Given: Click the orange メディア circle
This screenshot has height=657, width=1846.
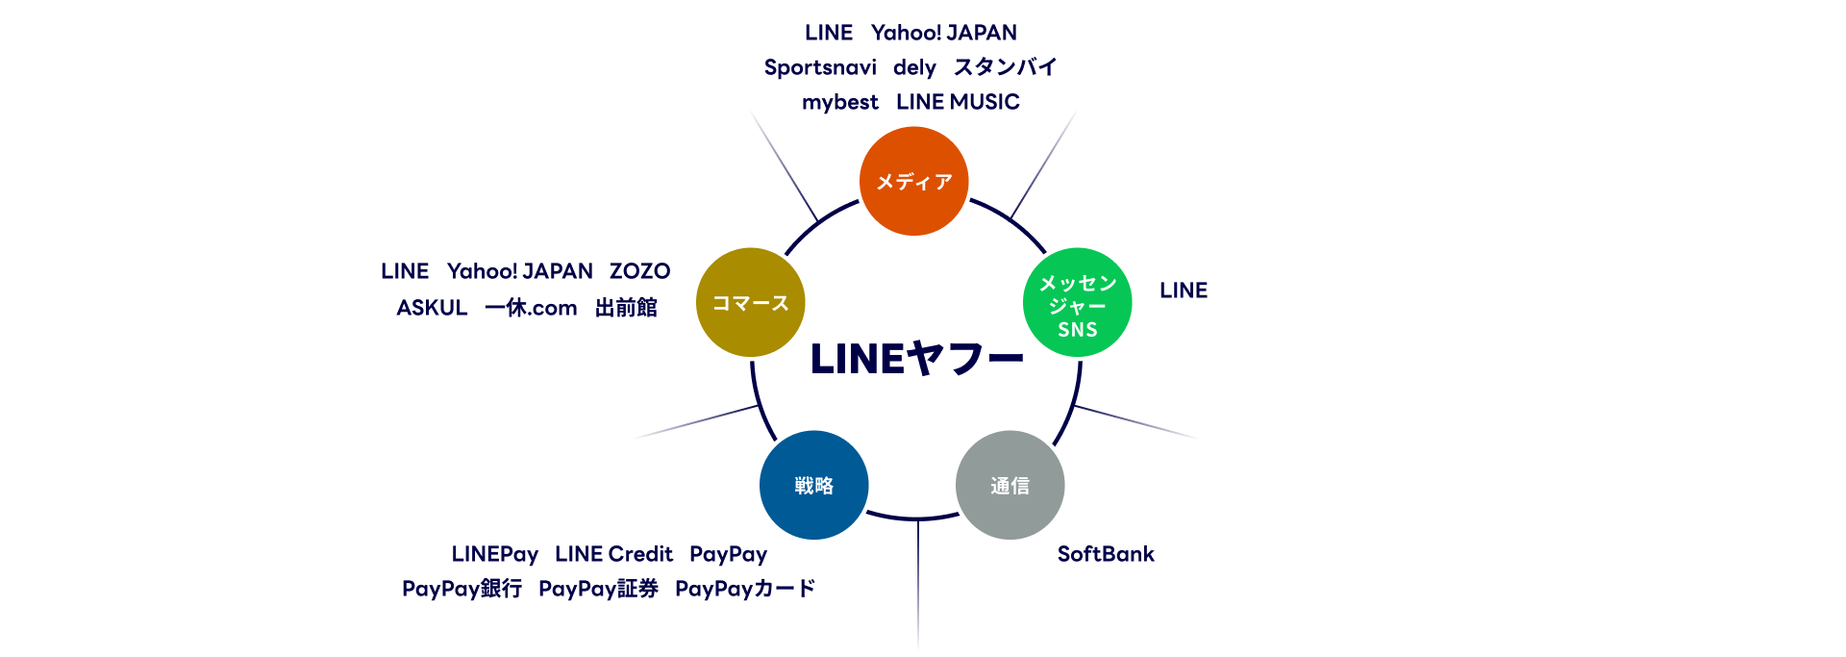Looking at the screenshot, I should click(913, 181).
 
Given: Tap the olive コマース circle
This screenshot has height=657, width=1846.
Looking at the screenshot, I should click(750, 303).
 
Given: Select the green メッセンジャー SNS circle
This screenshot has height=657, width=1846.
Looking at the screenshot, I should click(1077, 303).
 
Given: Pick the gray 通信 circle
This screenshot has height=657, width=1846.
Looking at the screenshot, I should click(1010, 485).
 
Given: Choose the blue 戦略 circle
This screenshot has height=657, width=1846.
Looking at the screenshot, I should click(813, 485).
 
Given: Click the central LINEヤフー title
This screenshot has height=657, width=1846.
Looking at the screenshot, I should click(916, 360).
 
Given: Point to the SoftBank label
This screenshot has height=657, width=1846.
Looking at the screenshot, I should click(1106, 554).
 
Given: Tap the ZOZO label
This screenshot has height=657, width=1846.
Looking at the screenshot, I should click(639, 271).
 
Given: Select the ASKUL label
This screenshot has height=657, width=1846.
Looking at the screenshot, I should click(432, 308).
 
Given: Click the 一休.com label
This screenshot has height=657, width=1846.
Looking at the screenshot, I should click(531, 308).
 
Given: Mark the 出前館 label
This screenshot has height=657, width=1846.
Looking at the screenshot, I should click(626, 308).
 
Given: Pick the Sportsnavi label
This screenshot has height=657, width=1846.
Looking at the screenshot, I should click(820, 67).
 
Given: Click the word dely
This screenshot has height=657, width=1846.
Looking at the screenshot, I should click(914, 67).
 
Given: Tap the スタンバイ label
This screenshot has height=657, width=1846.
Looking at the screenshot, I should click(1005, 67).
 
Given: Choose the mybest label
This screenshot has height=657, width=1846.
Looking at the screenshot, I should click(839, 102).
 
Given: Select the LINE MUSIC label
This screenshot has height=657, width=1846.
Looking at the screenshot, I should click(958, 102).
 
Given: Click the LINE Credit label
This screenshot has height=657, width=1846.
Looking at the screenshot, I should click(613, 554).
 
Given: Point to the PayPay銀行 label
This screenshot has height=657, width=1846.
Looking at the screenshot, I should click(461, 589).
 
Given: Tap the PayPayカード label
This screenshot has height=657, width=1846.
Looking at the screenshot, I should click(745, 589).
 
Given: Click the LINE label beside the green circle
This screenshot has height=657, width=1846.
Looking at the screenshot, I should click(1184, 291).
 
